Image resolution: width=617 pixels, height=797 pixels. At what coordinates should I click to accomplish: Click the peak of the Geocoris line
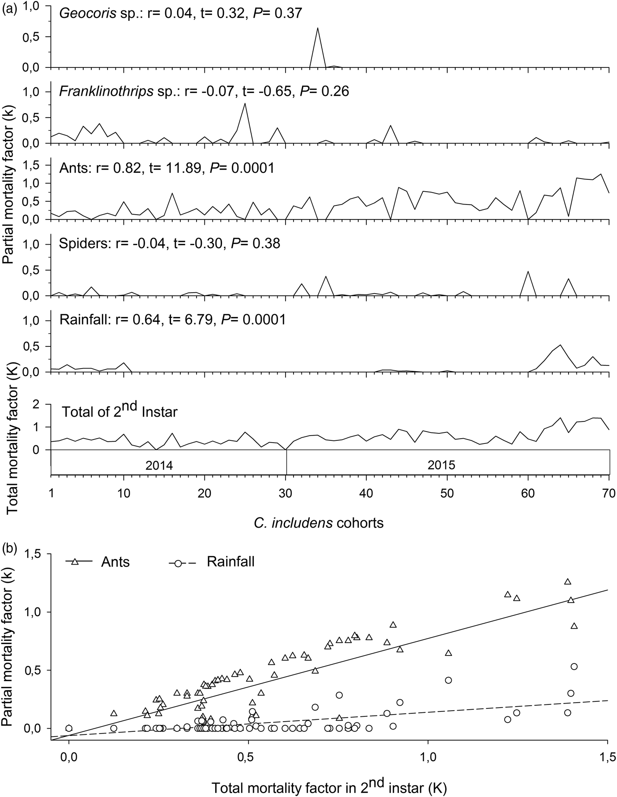tap(317, 28)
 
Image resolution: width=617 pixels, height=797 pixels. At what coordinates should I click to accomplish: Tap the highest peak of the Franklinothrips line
tap(245, 103)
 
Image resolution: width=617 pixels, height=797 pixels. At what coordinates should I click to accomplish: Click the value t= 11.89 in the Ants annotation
tap(174, 168)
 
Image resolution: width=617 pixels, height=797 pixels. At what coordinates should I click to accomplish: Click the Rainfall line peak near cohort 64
tap(560, 345)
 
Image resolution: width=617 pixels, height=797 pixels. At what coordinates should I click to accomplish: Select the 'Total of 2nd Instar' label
tap(119, 412)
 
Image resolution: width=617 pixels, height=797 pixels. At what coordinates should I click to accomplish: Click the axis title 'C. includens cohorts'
tap(318, 523)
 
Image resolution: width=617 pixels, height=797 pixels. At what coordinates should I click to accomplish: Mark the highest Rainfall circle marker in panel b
tap(574, 666)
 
